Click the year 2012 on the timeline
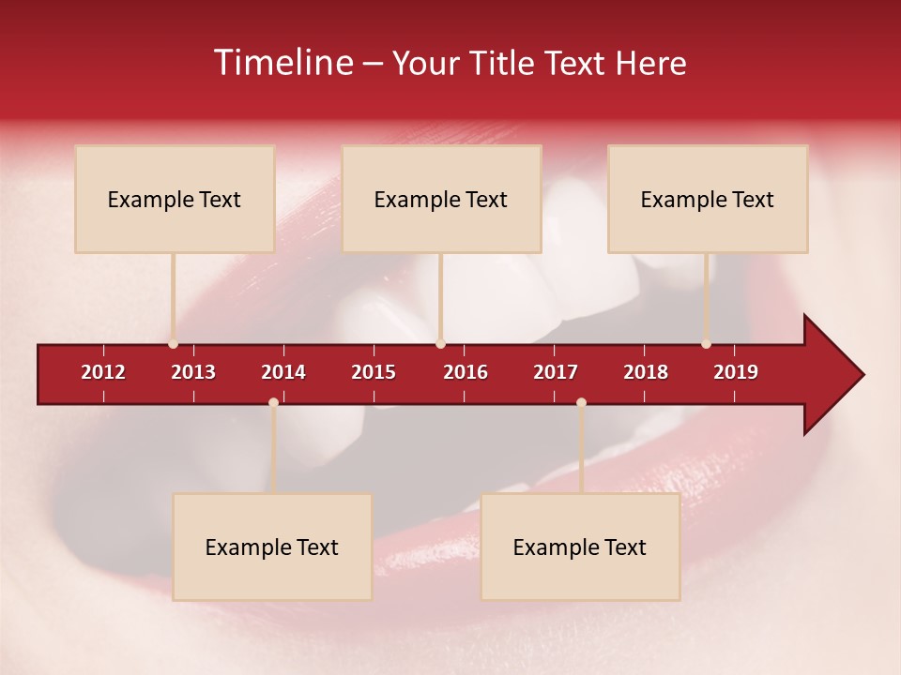[x=103, y=372]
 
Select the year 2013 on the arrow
[x=193, y=372]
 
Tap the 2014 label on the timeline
[x=283, y=372]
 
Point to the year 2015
[x=374, y=372]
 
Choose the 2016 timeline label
[x=466, y=372]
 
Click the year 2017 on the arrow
[x=556, y=372]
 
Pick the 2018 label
[x=646, y=372]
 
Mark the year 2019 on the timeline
[x=736, y=372]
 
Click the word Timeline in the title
[x=283, y=63]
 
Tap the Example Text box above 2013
[x=175, y=199]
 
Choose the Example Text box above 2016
[x=441, y=199]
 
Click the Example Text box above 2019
[x=708, y=199]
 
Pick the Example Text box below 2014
[x=272, y=547]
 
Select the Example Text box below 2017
[x=580, y=547]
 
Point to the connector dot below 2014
[x=273, y=402]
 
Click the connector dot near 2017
[x=581, y=402]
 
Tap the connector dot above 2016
[x=440, y=343]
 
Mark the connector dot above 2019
[x=706, y=343]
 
